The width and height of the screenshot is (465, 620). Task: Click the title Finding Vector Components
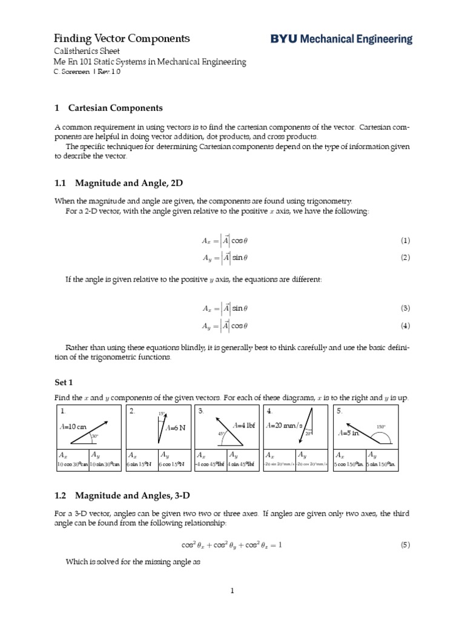click(122, 39)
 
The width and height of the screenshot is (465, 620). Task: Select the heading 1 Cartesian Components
click(108, 108)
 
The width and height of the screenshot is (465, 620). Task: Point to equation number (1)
click(405, 240)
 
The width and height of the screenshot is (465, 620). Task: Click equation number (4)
click(405, 326)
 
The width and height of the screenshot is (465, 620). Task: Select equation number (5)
click(405, 544)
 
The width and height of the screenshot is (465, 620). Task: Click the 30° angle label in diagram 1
click(94, 436)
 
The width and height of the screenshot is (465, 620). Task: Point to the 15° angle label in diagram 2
click(162, 414)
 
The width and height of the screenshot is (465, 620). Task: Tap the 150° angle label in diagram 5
click(381, 426)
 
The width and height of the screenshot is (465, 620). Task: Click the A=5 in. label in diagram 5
click(350, 433)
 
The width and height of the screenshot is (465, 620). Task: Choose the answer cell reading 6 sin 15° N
click(140, 464)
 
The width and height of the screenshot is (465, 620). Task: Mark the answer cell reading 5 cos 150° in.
click(348, 464)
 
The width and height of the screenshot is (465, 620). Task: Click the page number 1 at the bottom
click(232, 591)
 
